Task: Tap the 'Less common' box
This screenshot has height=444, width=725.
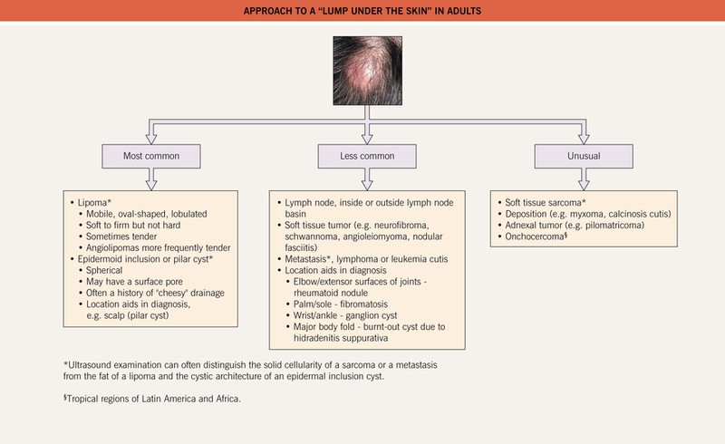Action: (362, 156)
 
